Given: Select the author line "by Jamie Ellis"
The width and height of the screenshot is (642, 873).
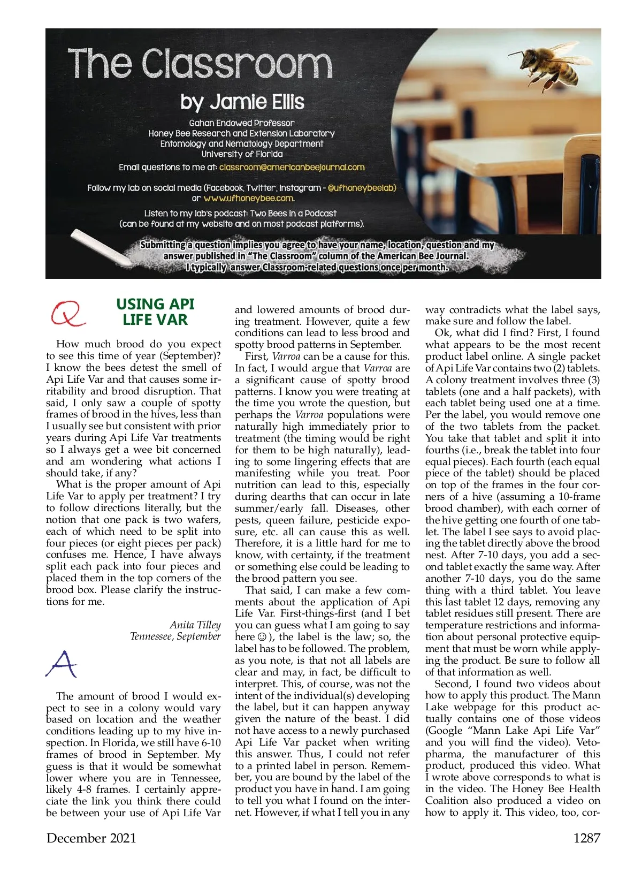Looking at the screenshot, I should pyautogui.click(x=242, y=102).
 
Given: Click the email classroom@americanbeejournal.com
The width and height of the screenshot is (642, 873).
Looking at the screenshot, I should pyautogui.click(x=292, y=167).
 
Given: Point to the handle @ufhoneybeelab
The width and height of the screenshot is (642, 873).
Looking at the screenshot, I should pyautogui.click(x=362, y=188).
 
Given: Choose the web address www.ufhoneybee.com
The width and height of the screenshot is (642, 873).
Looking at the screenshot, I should pyautogui.click(x=248, y=198).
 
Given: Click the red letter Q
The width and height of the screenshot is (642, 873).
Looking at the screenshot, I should pyautogui.click(x=67, y=313).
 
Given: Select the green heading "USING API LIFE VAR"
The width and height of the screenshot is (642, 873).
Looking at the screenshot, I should pyautogui.click(x=155, y=312).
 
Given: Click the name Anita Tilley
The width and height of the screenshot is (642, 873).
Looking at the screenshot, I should pyautogui.click(x=195, y=625).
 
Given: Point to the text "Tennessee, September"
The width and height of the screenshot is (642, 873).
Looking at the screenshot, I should pyautogui.click(x=175, y=636).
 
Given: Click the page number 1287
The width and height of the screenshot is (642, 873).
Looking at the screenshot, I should pyautogui.click(x=587, y=838).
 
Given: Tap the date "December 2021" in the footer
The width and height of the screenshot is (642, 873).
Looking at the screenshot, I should pyautogui.click(x=91, y=838).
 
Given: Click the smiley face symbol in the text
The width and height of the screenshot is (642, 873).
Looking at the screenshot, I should pyautogui.click(x=262, y=637).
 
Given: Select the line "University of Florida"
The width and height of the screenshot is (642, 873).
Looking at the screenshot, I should pyautogui.click(x=242, y=154).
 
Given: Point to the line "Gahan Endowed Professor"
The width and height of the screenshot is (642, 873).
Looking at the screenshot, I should pyautogui.click(x=242, y=123).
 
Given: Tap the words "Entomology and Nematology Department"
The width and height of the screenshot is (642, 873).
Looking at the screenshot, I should pyautogui.click(x=242, y=144).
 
